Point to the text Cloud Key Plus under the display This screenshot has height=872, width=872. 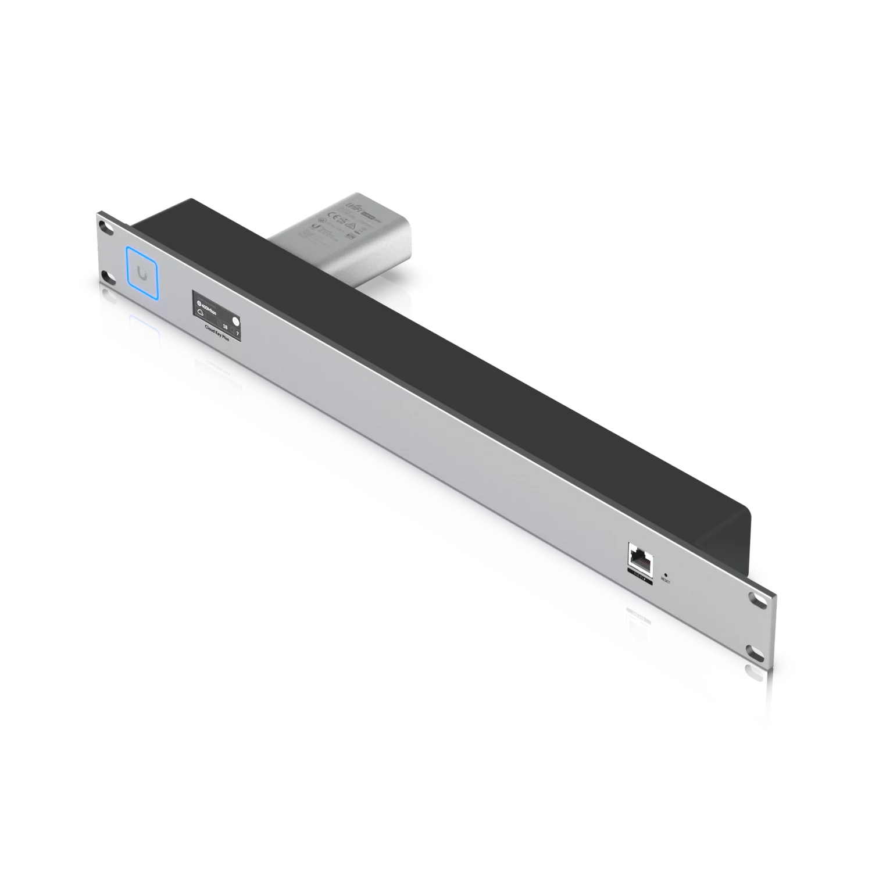tap(218, 342)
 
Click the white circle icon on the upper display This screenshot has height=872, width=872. tap(235, 321)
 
